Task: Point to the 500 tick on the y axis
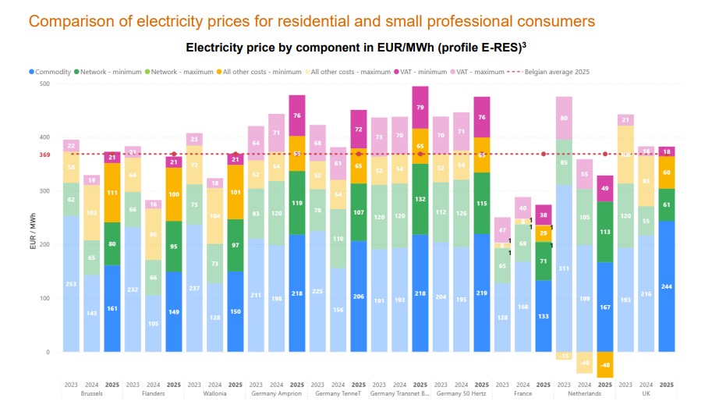(x=44, y=83)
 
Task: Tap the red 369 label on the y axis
(x=44, y=154)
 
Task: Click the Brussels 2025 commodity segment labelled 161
(x=112, y=308)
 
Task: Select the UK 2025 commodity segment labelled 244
(x=667, y=286)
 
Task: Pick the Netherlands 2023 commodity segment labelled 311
(x=564, y=268)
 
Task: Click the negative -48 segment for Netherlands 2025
(x=605, y=364)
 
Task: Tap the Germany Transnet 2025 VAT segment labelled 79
(x=420, y=108)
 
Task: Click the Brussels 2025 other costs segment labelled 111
(x=112, y=193)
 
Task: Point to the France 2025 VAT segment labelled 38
(x=544, y=215)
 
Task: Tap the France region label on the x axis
(x=523, y=393)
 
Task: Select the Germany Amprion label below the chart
(x=276, y=393)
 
